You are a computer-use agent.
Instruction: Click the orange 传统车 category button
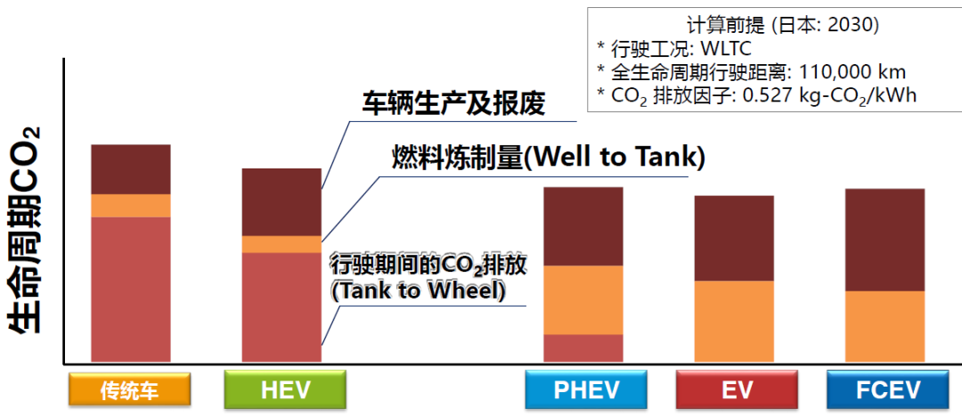[x=130, y=390]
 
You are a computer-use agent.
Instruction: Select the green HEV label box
[x=285, y=390]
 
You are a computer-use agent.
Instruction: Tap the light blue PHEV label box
[x=586, y=390]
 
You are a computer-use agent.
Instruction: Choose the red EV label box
[x=737, y=390]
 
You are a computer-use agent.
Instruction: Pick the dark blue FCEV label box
[x=888, y=390]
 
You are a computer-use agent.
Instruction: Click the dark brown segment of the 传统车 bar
[x=131, y=169]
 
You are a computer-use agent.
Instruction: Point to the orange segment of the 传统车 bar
[x=131, y=206]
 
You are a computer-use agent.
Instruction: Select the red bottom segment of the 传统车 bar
[x=131, y=290]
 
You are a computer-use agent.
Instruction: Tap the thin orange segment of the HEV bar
[x=281, y=244]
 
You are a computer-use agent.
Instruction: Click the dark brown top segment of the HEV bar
[x=281, y=202]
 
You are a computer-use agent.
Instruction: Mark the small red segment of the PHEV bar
[x=583, y=348]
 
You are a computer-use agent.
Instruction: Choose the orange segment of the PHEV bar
[x=583, y=300]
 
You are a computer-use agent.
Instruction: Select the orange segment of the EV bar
[x=734, y=321]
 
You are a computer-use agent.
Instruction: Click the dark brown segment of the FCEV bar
[x=885, y=240]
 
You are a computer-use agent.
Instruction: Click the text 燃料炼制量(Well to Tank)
[x=549, y=158]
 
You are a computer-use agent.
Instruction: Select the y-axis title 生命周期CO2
[x=25, y=230]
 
